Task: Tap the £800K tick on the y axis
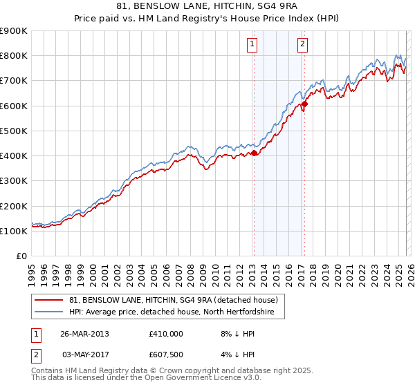[14, 55]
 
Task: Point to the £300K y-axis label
[14, 180]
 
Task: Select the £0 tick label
[22, 256]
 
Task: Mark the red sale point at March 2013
[254, 153]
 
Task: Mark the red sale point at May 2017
[304, 104]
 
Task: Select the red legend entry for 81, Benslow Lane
[173, 300]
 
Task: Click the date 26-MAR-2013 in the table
[84, 334]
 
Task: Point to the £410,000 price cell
[165, 334]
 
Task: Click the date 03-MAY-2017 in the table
[84, 355]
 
